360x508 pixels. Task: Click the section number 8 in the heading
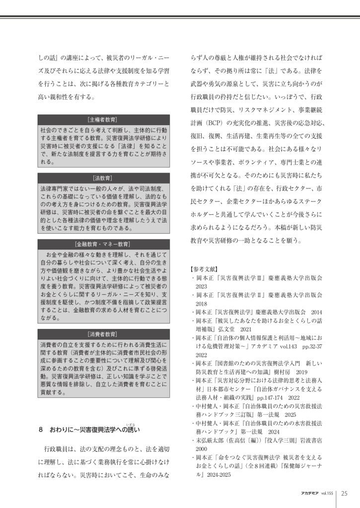click(x=41, y=430)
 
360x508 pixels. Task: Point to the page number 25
click(x=344, y=493)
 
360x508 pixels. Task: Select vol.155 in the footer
click(x=327, y=494)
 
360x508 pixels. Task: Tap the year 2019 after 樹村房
click(x=301, y=372)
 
